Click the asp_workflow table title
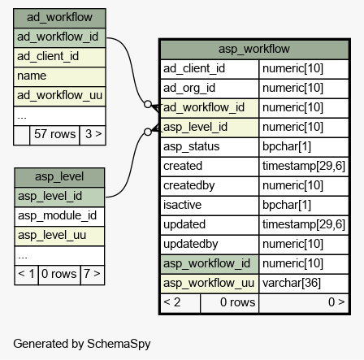pos(254,49)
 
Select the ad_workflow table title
pos(59,17)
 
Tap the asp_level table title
pos(59,176)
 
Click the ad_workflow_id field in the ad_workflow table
pos(58,37)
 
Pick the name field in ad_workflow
pos(32,76)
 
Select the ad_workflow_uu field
pos(59,95)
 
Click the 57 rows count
pos(54,134)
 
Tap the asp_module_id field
pos(57,215)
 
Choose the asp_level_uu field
pos(52,235)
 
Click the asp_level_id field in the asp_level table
pos(50,196)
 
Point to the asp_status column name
pos(192,146)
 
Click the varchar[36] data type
pos(292,283)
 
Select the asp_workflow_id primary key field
pos(206,263)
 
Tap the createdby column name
pos(189,185)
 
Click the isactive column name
pos(182,205)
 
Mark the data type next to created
pos(304,166)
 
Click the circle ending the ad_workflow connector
pos(148,104)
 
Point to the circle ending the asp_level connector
pos(148,132)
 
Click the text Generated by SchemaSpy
pos(82,344)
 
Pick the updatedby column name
pos(191,244)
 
